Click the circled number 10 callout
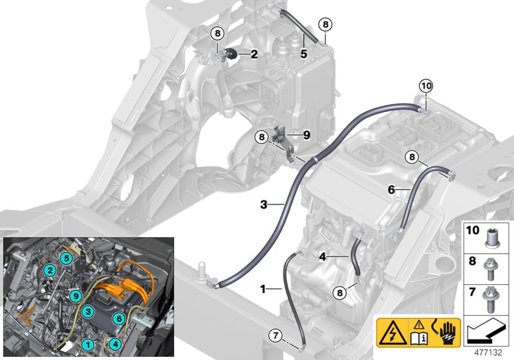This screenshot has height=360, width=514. [426, 86]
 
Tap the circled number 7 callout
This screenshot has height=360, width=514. [276, 335]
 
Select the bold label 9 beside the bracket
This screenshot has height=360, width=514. [306, 135]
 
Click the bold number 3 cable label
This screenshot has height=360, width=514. [264, 205]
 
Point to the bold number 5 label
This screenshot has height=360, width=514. [304, 54]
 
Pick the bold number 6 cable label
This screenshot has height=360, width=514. [391, 190]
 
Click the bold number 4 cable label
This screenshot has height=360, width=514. [323, 256]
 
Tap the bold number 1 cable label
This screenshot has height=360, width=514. [263, 289]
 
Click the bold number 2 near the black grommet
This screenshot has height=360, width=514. [254, 54]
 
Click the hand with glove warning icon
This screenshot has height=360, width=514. [447, 332]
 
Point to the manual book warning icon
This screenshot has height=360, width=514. [419, 332]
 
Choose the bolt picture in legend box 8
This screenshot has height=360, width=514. [490, 269]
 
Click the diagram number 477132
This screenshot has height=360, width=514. [488, 352]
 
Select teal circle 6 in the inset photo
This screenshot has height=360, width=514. [119, 318]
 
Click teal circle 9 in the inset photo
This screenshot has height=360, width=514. [76, 296]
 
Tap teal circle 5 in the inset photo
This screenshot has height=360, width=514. [67, 258]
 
